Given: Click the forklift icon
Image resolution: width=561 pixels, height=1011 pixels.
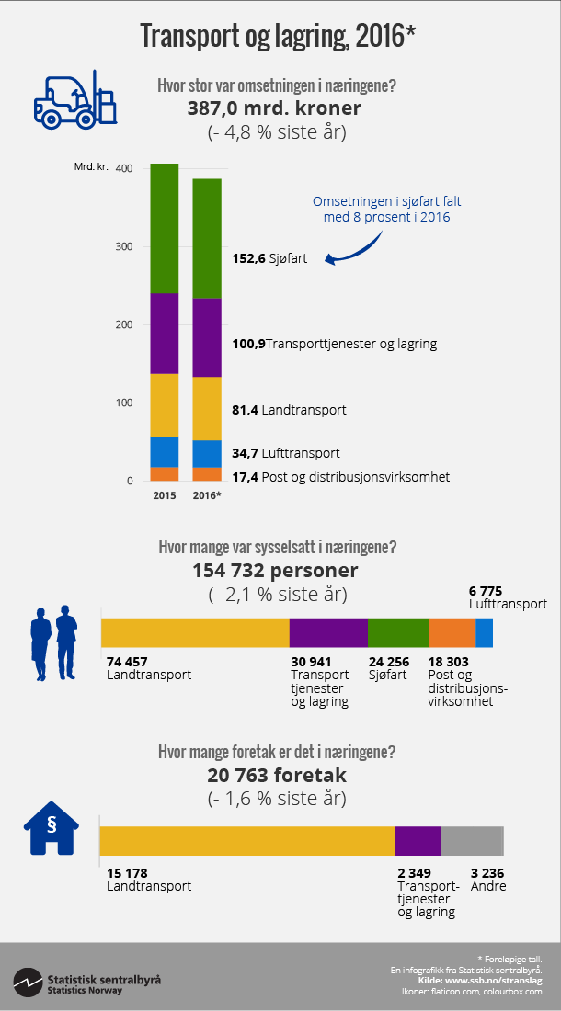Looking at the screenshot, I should [77, 97].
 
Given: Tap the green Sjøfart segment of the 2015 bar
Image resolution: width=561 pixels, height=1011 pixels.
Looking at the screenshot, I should [165, 228].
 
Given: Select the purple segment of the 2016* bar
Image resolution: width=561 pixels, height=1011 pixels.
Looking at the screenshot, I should [207, 337].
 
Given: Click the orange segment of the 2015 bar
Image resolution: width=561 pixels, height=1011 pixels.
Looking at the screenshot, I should [165, 473].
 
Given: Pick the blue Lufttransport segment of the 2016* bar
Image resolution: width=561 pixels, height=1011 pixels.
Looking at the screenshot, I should [207, 453].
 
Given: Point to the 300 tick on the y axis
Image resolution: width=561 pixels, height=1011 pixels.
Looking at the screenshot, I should [123, 246].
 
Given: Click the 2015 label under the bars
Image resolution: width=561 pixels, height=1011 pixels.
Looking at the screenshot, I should [165, 495].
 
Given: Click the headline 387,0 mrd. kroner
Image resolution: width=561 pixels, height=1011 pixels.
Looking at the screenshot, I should [274, 108].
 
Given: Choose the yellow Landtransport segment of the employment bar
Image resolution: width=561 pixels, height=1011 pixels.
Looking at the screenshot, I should [195, 633].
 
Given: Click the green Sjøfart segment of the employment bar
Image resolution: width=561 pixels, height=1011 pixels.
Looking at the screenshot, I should [398, 633].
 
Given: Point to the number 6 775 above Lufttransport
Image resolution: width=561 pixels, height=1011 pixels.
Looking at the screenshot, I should [486, 591].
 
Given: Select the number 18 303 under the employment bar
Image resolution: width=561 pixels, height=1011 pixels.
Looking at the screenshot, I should [450, 661].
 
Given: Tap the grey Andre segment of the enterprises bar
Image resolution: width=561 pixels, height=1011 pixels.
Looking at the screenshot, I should [472, 841].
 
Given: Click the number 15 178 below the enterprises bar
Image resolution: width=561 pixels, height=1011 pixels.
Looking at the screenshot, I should [127, 872].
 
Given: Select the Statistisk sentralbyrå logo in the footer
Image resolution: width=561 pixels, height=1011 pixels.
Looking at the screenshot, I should [87, 981].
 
